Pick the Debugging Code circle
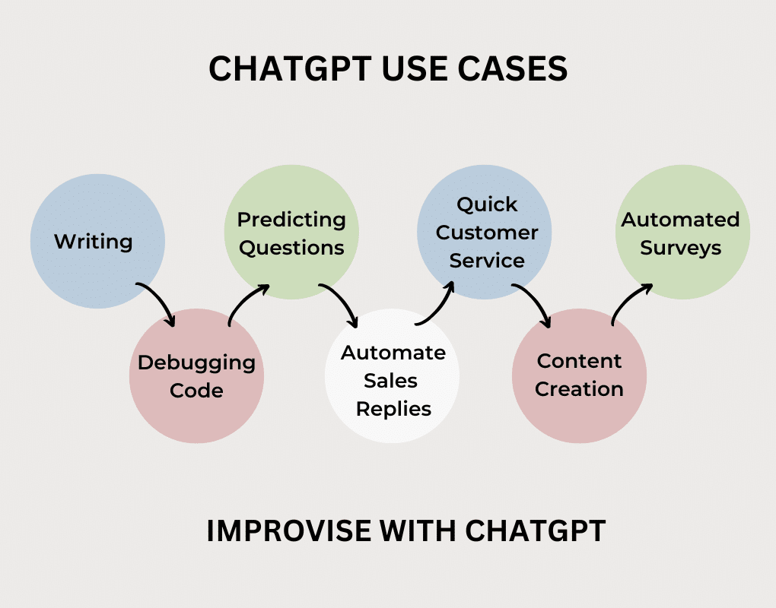[196, 376]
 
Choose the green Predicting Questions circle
[291, 233]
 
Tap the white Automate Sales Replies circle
[393, 381]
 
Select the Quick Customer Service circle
[485, 232]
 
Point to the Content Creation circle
[579, 375]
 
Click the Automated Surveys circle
[682, 233]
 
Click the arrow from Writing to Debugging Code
[158, 302]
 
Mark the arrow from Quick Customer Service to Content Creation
[533, 304]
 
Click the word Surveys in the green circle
[681, 249]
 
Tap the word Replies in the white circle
[394, 409]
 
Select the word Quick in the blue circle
[487, 204]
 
